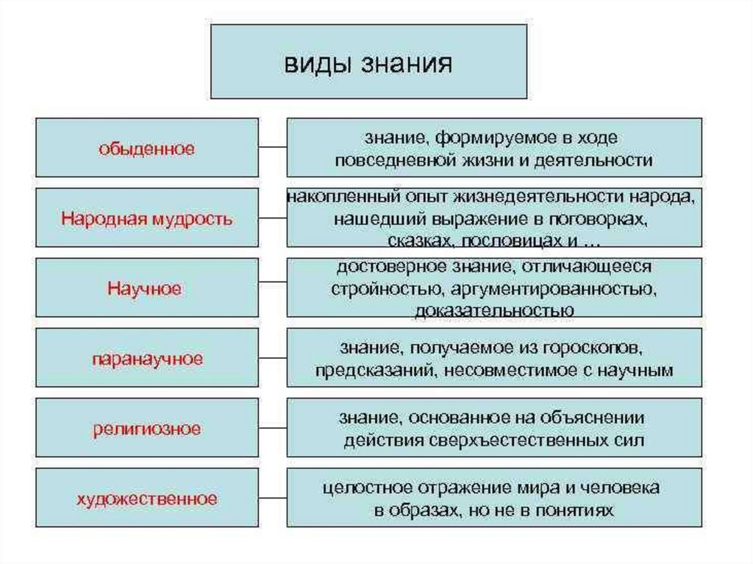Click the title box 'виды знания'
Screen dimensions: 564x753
[x=368, y=62]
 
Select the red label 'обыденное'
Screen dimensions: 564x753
[x=147, y=149]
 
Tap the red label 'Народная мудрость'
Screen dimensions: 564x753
[x=147, y=218]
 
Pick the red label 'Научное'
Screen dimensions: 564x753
[x=147, y=288]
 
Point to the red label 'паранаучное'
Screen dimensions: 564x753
[x=147, y=359]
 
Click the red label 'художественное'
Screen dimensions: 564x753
[x=147, y=499]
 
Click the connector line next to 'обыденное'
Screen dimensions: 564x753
[x=272, y=147]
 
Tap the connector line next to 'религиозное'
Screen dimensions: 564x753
[x=272, y=428]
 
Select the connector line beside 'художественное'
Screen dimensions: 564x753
[x=272, y=498]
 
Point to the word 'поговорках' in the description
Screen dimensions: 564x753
[x=607, y=219]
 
